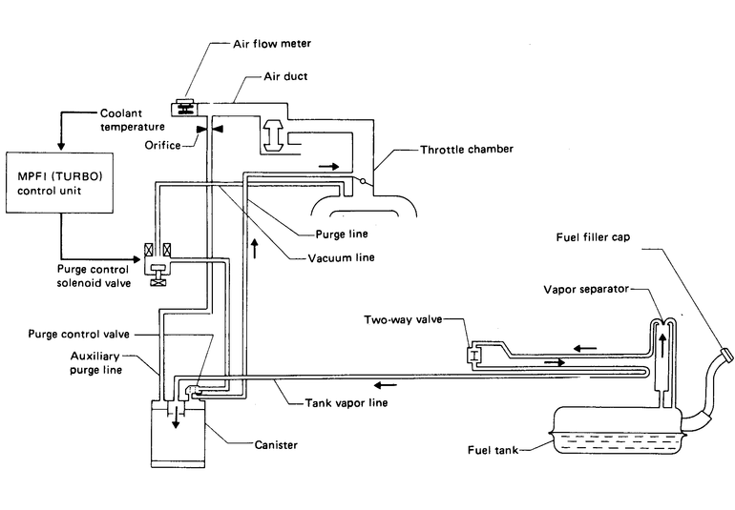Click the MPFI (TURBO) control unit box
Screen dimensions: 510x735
[60, 183]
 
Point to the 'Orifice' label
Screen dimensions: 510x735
[164, 146]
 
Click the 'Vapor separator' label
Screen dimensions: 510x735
[585, 286]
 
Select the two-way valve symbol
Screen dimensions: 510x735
[472, 357]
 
